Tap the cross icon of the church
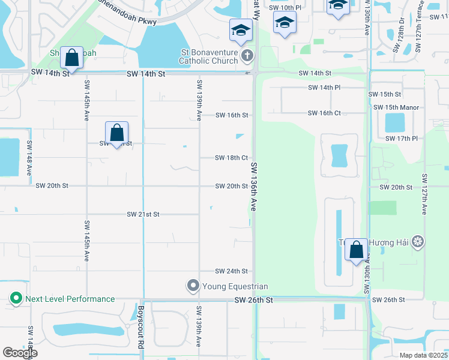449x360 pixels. (x=246, y=56)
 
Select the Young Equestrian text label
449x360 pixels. (x=235, y=286)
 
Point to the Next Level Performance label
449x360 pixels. (x=69, y=299)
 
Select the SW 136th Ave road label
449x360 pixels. (x=254, y=187)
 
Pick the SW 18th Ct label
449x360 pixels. (x=232, y=158)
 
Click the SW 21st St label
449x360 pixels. (x=143, y=214)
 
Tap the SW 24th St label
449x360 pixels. (x=232, y=271)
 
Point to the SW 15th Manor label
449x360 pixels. (x=396, y=107)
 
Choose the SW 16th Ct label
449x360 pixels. (x=324, y=113)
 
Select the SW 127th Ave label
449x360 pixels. (x=424, y=194)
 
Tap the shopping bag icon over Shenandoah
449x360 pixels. (x=72, y=59)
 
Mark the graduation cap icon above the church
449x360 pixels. (x=240, y=29)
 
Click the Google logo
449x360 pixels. (x=20, y=353)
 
